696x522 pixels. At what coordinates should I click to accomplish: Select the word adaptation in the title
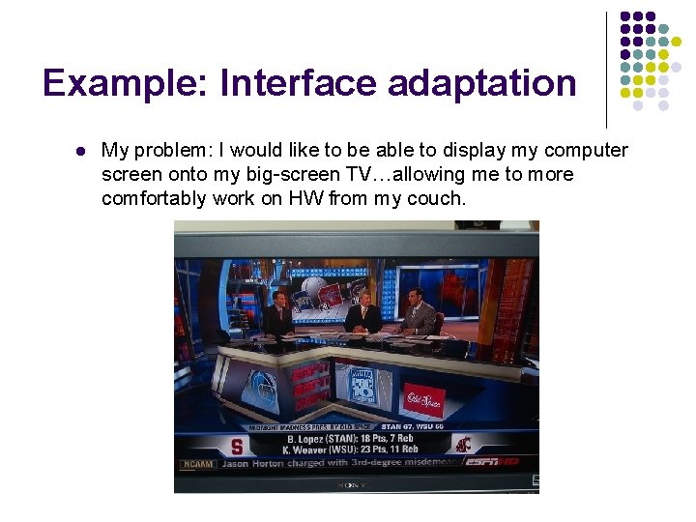(x=482, y=84)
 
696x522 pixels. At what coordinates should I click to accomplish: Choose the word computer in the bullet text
(x=586, y=151)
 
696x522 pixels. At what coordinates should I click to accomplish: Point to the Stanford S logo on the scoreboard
(x=237, y=447)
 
